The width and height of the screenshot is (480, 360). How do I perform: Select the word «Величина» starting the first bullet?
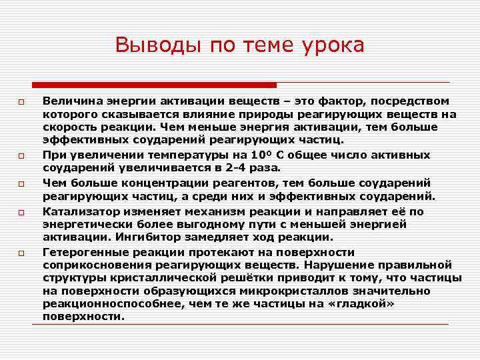coord(71,101)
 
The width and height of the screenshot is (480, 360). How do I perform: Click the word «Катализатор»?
coord(79,211)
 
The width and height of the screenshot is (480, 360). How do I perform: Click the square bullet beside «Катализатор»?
coord(21,212)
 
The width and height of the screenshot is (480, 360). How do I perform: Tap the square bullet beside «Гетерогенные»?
coord(21,253)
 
